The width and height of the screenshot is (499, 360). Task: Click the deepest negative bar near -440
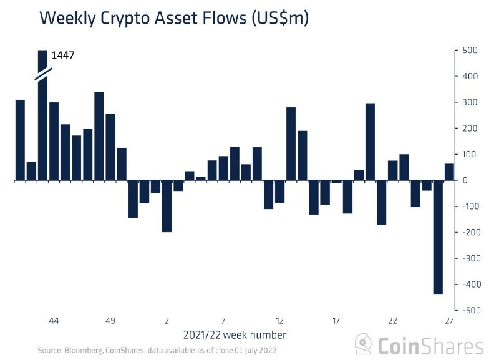coord(438,237)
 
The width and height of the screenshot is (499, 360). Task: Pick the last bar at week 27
coord(449,172)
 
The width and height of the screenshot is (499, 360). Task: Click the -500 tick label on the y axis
coord(470,310)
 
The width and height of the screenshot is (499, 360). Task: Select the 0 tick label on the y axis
coord(465,180)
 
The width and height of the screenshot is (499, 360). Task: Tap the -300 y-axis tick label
coord(470,258)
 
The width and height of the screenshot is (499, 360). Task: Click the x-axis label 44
coord(54,321)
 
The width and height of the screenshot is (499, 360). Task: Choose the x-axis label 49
coord(110,321)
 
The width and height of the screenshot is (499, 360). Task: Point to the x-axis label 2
coord(167,321)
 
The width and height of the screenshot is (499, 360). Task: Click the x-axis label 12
coord(279,321)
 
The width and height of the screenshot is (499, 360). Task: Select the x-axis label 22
coord(392,321)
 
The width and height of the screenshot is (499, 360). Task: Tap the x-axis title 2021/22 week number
coord(235,335)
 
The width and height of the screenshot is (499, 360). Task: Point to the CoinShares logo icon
coord(364,344)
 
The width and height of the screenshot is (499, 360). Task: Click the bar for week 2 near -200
coord(167,206)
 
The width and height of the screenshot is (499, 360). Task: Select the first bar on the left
coord(20,140)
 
